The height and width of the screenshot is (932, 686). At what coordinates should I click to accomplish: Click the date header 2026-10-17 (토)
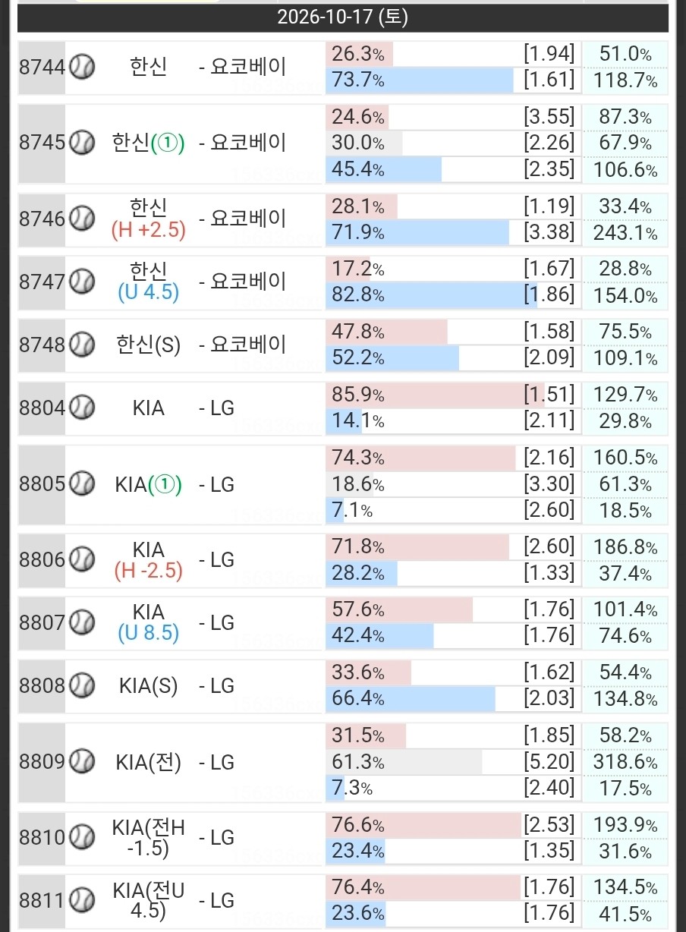[x=342, y=17]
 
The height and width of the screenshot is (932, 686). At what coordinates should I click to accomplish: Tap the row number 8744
[x=42, y=68]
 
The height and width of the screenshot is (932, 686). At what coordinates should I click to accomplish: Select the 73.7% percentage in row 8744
[x=357, y=80]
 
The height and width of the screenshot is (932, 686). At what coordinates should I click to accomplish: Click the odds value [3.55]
[x=549, y=117]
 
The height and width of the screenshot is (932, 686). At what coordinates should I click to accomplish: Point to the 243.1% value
[x=625, y=233]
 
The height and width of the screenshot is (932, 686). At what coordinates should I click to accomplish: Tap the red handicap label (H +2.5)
[x=149, y=230]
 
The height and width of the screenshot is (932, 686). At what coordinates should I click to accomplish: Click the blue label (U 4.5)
[x=149, y=292]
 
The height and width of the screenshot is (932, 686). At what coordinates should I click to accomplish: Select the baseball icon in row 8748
[x=82, y=345]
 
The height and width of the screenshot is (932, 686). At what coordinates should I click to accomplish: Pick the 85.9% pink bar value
[x=357, y=395]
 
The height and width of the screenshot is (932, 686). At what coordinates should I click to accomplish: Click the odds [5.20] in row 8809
[x=549, y=762]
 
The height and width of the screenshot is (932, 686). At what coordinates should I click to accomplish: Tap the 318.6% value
[x=625, y=762]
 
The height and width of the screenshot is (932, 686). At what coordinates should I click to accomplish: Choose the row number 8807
[x=42, y=623]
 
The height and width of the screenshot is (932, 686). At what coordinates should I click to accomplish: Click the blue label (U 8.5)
[x=149, y=633]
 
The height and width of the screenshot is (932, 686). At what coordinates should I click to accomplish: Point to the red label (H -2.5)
[x=149, y=571]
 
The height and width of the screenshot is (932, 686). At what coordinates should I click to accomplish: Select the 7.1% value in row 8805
[x=352, y=511]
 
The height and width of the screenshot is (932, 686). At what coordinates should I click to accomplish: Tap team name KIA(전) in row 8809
[x=149, y=763]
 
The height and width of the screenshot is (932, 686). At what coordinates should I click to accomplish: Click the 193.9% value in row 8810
[x=625, y=826]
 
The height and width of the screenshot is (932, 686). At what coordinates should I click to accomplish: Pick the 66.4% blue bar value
[x=357, y=698]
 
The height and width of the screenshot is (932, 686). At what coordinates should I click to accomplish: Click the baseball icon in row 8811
[x=82, y=900]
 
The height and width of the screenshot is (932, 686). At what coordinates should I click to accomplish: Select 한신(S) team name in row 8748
[x=149, y=345]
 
